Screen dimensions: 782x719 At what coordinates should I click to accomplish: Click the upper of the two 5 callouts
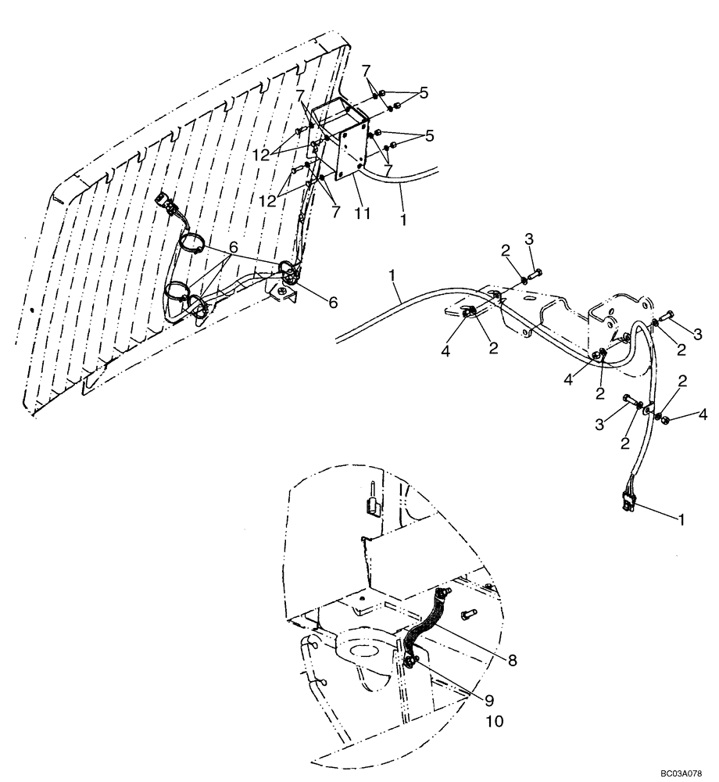(x=424, y=93)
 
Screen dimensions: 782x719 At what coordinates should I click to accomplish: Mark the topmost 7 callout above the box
(x=365, y=70)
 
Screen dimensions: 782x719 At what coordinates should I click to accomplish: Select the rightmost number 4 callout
(x=703, y=412)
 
